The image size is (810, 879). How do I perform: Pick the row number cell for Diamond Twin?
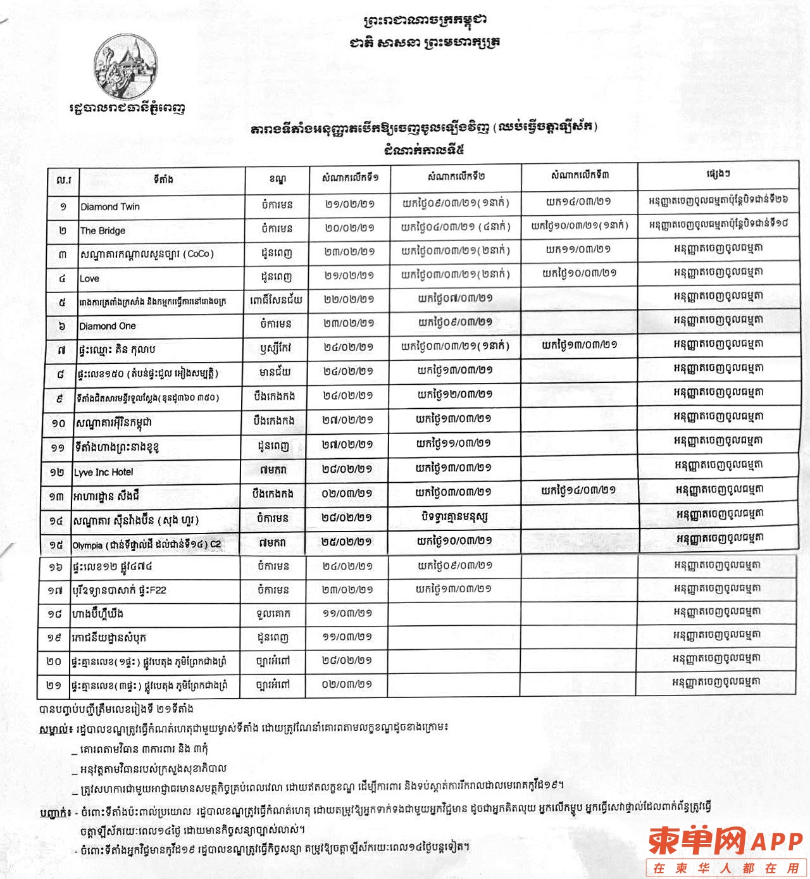click(63, 207)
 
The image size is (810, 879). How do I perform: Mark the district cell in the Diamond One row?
click(276, 324)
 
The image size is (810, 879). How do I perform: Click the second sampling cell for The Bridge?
click(456, 227)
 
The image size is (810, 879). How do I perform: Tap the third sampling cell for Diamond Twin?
click(578, 203)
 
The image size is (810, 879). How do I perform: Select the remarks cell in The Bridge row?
click(718, 224)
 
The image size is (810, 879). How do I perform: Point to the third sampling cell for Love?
click(578, 274)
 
